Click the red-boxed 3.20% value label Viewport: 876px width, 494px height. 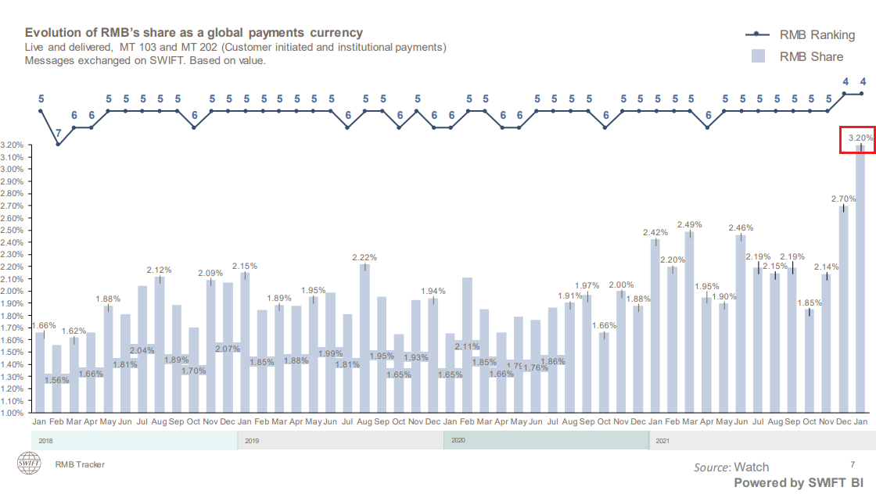click(x=860, y=138)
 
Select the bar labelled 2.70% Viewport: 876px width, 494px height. click(x=844, y=313)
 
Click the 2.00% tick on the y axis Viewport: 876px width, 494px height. click(x=14, y=291)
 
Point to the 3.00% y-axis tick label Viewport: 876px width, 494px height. click(x=14, y=169)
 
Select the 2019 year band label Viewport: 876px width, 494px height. click(x=252, y=441)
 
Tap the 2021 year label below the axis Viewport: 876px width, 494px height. click(x=662, y=441)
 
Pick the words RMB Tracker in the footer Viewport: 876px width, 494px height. click(x=80, y=464)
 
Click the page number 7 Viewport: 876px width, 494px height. click(x=853, y=464)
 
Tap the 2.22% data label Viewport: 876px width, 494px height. click(x=364, y=257)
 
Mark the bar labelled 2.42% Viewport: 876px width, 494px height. click(x=655, y=328)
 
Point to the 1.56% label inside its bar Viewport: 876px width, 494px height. click(x=56, y=380)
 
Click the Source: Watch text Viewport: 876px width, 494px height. click(x=731, y=467)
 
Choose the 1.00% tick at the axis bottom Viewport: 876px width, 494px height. click(x=14, y=413)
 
